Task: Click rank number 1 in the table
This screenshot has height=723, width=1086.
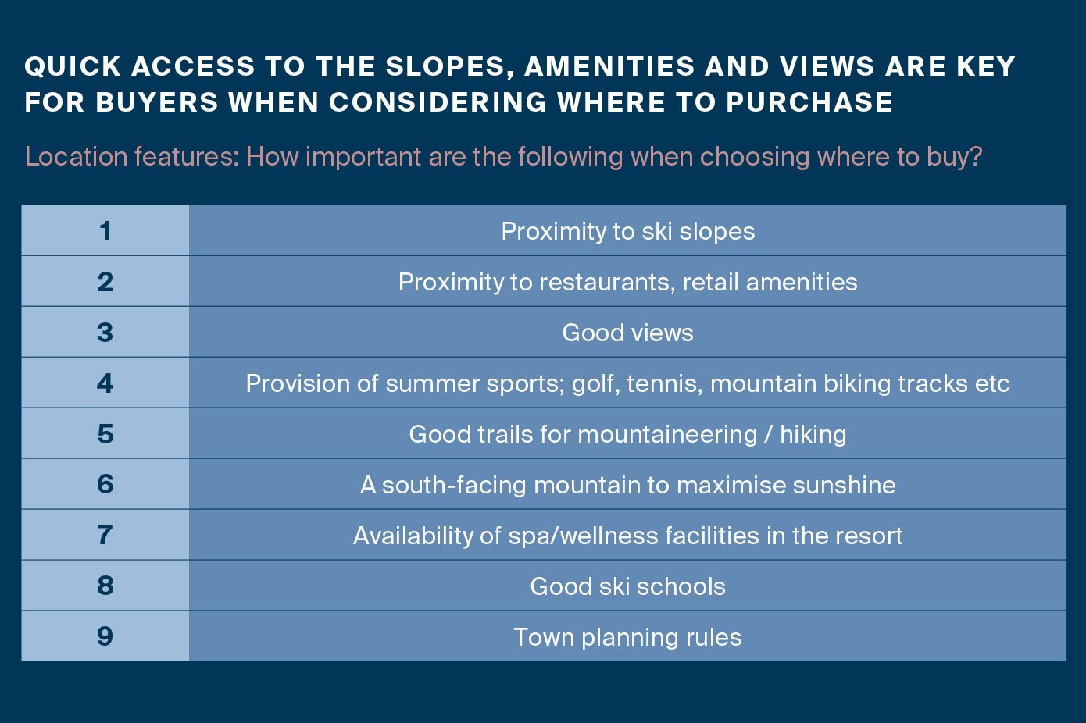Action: (105, 231)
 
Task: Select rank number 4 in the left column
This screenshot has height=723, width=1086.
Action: (105, 383)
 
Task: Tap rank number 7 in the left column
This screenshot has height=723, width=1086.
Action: (105, 535)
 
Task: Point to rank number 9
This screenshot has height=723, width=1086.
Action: (105, 636)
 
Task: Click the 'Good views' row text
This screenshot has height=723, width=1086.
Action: (628, 333)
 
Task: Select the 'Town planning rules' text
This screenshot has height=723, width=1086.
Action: (628, 637)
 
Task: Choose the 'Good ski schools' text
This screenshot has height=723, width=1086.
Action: (628, 586)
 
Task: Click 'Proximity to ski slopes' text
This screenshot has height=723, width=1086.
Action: (628, 232)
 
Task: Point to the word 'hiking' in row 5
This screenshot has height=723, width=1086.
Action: (813, 435)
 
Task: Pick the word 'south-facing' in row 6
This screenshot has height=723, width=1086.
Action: (454, 485)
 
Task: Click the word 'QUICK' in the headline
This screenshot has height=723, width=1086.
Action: (73, 66)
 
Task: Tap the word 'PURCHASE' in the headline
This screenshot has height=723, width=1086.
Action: (809, 102)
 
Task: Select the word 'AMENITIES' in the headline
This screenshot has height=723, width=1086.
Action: (609, 66)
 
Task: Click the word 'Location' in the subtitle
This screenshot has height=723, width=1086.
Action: (75, 156)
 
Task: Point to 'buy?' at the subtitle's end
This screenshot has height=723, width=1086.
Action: (954, 157)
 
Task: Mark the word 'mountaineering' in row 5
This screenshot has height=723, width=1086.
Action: (667, 435)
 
